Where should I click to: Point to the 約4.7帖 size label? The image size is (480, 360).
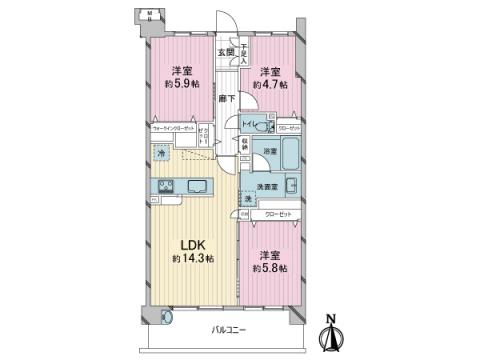271,86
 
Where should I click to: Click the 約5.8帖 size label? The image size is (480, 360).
270,269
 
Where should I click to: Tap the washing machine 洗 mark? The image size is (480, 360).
248,198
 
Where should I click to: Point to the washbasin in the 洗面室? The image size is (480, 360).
290,187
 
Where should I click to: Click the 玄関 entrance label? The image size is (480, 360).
227,52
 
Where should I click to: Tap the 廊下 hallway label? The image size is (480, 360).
227,98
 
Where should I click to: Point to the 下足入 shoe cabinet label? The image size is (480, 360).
243,50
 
